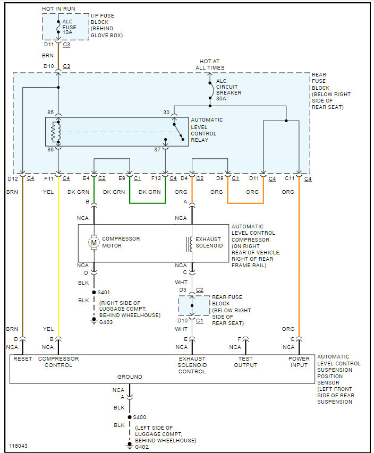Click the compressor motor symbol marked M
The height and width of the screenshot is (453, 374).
[x=94, y=243]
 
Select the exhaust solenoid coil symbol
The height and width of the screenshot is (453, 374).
[x=188, y=243]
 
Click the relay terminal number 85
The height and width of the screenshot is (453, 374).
[x=50, y=113]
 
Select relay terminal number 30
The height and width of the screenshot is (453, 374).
[x=166, y=113]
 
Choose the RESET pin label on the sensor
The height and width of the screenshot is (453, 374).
[x=23, y=359]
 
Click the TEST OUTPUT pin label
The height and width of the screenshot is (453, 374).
[x=245, y=362]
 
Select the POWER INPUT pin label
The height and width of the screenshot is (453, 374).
[x=299, y=362]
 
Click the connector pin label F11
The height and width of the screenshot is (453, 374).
[x=48, y=178]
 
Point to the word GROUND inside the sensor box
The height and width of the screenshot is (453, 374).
[x=130, y=377]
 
